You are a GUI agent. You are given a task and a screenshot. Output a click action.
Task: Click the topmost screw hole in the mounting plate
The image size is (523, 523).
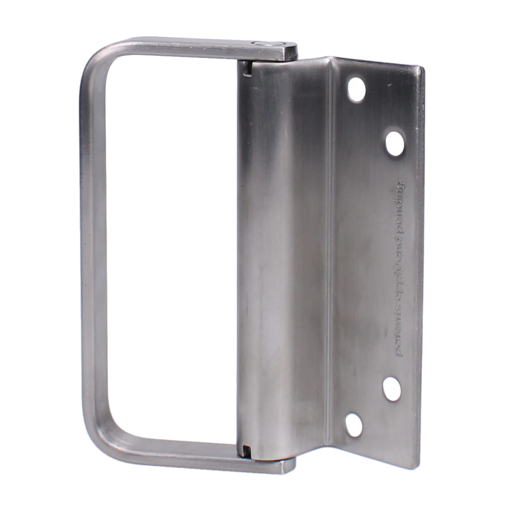tap(356, 89)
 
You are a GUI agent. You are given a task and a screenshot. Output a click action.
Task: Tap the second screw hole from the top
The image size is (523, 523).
tap(395, 143)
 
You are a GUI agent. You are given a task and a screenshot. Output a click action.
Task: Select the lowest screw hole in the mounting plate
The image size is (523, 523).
tap(354, 425)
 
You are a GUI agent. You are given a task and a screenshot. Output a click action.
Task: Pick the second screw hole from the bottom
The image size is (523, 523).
tap(392, 389)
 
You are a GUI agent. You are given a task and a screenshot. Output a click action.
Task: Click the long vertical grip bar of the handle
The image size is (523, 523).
tap(92, 251)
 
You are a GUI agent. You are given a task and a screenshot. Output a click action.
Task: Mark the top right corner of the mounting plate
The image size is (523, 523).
tap(423, 68)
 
